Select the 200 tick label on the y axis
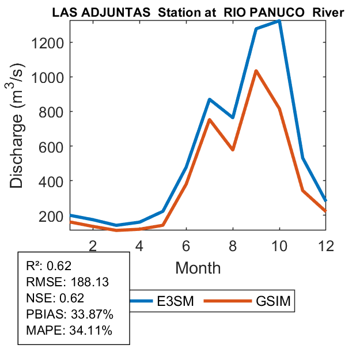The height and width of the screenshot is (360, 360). click(x=52, y=216)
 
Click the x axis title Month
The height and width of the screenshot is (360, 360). click(x=198, y=268)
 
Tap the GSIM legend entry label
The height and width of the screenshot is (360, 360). click(x=274, y=301)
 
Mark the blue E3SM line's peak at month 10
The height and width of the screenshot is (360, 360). click(x=279, y=21)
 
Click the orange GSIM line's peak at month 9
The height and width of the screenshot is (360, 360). click(x=256, y=71)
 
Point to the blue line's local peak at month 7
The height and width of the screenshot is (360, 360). click(x=209, y=100)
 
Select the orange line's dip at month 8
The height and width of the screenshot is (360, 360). click(x=233, y=150)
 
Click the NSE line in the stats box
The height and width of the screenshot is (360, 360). click(x=55, y=298)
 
